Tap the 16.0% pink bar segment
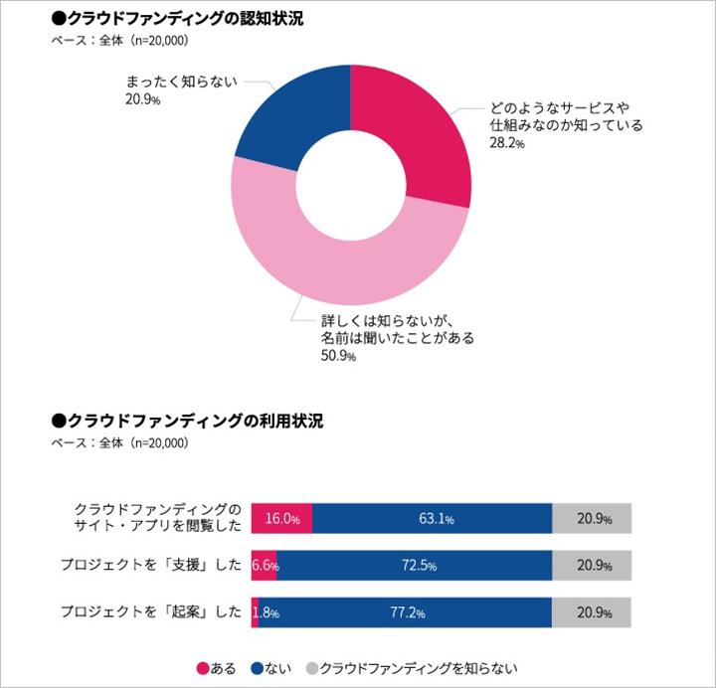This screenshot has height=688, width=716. pyautogui.click(x=281, y=518)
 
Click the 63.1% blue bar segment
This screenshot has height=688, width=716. pyautogui.click(x=433, y=518)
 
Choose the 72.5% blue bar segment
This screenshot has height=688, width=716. pyautogui.click(x=416, y=566)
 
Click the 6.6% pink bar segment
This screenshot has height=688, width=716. pyautogui.click(x=265, y=566)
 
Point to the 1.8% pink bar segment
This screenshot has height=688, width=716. pyautogui.click(x=256, y=612)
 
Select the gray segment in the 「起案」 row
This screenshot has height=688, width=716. pyautogui.click(x=592, y=612)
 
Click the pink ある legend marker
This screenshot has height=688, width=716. pyautogui.click(x=201, y=667)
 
